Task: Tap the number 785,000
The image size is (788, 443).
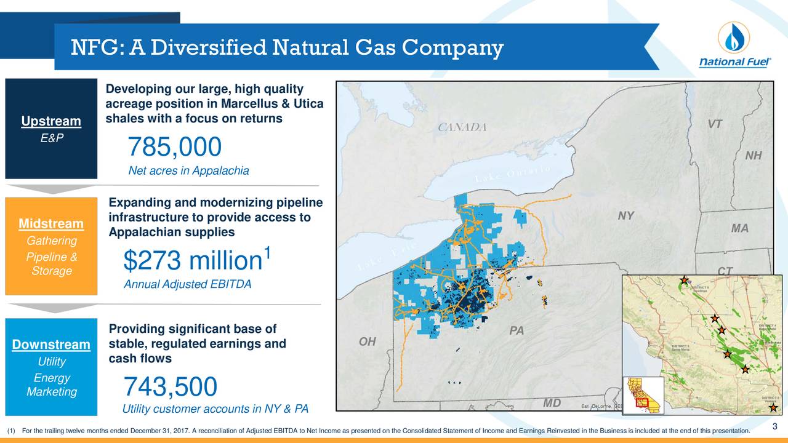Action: coord(174,147)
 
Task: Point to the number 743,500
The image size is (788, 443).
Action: coord(171,387)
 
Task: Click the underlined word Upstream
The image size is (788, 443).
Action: coord(51,121)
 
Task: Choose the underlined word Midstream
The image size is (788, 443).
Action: coord(51,223)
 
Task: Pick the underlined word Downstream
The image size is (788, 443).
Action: coord(51,343)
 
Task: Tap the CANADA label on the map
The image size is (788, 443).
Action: coord(462,127)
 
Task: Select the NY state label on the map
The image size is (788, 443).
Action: coord(626,215)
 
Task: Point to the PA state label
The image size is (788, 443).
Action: coord(517,331)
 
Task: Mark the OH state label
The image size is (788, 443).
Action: coord(367,341)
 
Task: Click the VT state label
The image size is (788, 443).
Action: coord(714,124)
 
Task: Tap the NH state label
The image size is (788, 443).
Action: coord(753,156)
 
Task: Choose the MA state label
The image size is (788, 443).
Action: coord(739,228)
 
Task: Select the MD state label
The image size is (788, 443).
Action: coord(552,403)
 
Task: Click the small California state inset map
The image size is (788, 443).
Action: coord(643,395)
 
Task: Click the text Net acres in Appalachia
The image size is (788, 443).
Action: coord(188,171)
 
